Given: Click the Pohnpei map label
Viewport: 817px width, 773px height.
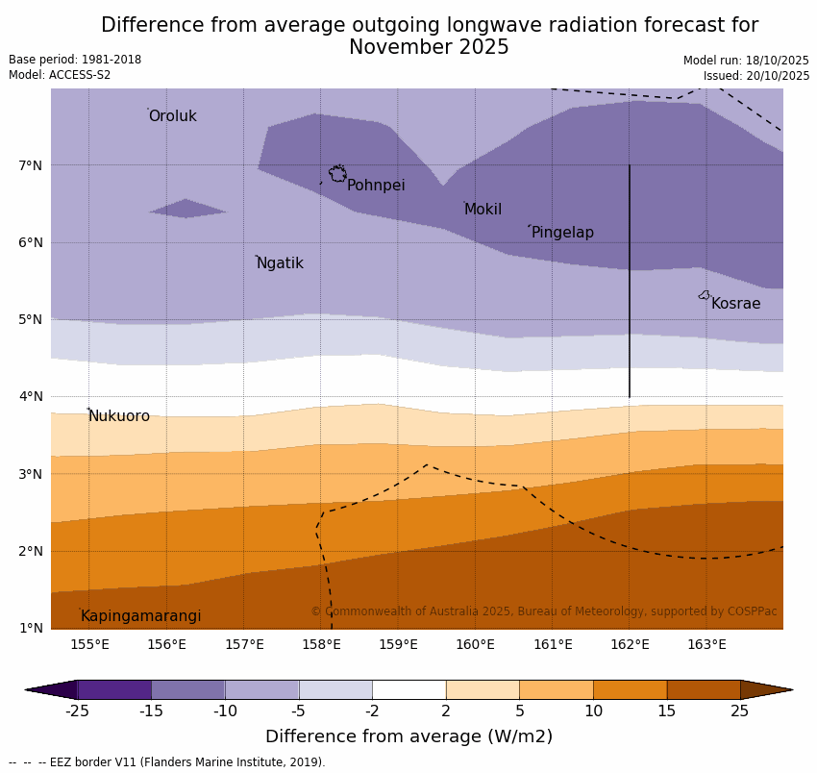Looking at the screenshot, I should coord(376,186).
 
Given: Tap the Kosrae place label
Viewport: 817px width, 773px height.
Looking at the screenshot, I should coord(735,304).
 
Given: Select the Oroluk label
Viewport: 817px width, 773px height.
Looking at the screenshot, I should coord(172,116).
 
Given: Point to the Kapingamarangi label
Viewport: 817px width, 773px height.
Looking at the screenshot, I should coord(140,616).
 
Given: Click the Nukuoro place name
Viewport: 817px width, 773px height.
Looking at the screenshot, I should coord(119,416).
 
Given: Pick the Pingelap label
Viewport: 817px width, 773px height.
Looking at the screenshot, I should coord(562,233).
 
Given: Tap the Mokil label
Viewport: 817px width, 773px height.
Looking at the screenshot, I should coord(483,210).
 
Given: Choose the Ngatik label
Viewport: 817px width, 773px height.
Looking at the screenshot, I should coord(280,263).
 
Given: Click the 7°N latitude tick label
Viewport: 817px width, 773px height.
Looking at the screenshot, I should coord(31,165).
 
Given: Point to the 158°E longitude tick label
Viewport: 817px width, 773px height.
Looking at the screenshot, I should coord(321,644).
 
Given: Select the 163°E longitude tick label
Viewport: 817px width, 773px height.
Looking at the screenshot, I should coord(706,644).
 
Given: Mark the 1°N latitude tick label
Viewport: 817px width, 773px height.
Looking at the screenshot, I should coord(31,628).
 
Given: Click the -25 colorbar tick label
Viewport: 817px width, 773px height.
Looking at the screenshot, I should coord(77,711).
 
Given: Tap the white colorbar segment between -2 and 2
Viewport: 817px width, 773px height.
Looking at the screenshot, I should coord(408,689).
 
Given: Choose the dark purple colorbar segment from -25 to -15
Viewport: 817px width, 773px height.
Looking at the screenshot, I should coord(114,689).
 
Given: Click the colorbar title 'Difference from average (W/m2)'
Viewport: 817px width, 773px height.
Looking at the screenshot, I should coord(408,737).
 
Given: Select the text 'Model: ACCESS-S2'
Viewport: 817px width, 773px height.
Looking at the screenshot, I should coord(60,75).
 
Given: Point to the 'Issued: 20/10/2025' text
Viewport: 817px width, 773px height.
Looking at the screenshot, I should coord(755,76).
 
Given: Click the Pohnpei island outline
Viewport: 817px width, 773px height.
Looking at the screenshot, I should coord(337,174).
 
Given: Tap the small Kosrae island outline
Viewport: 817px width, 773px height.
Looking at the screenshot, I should coord(704,295).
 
